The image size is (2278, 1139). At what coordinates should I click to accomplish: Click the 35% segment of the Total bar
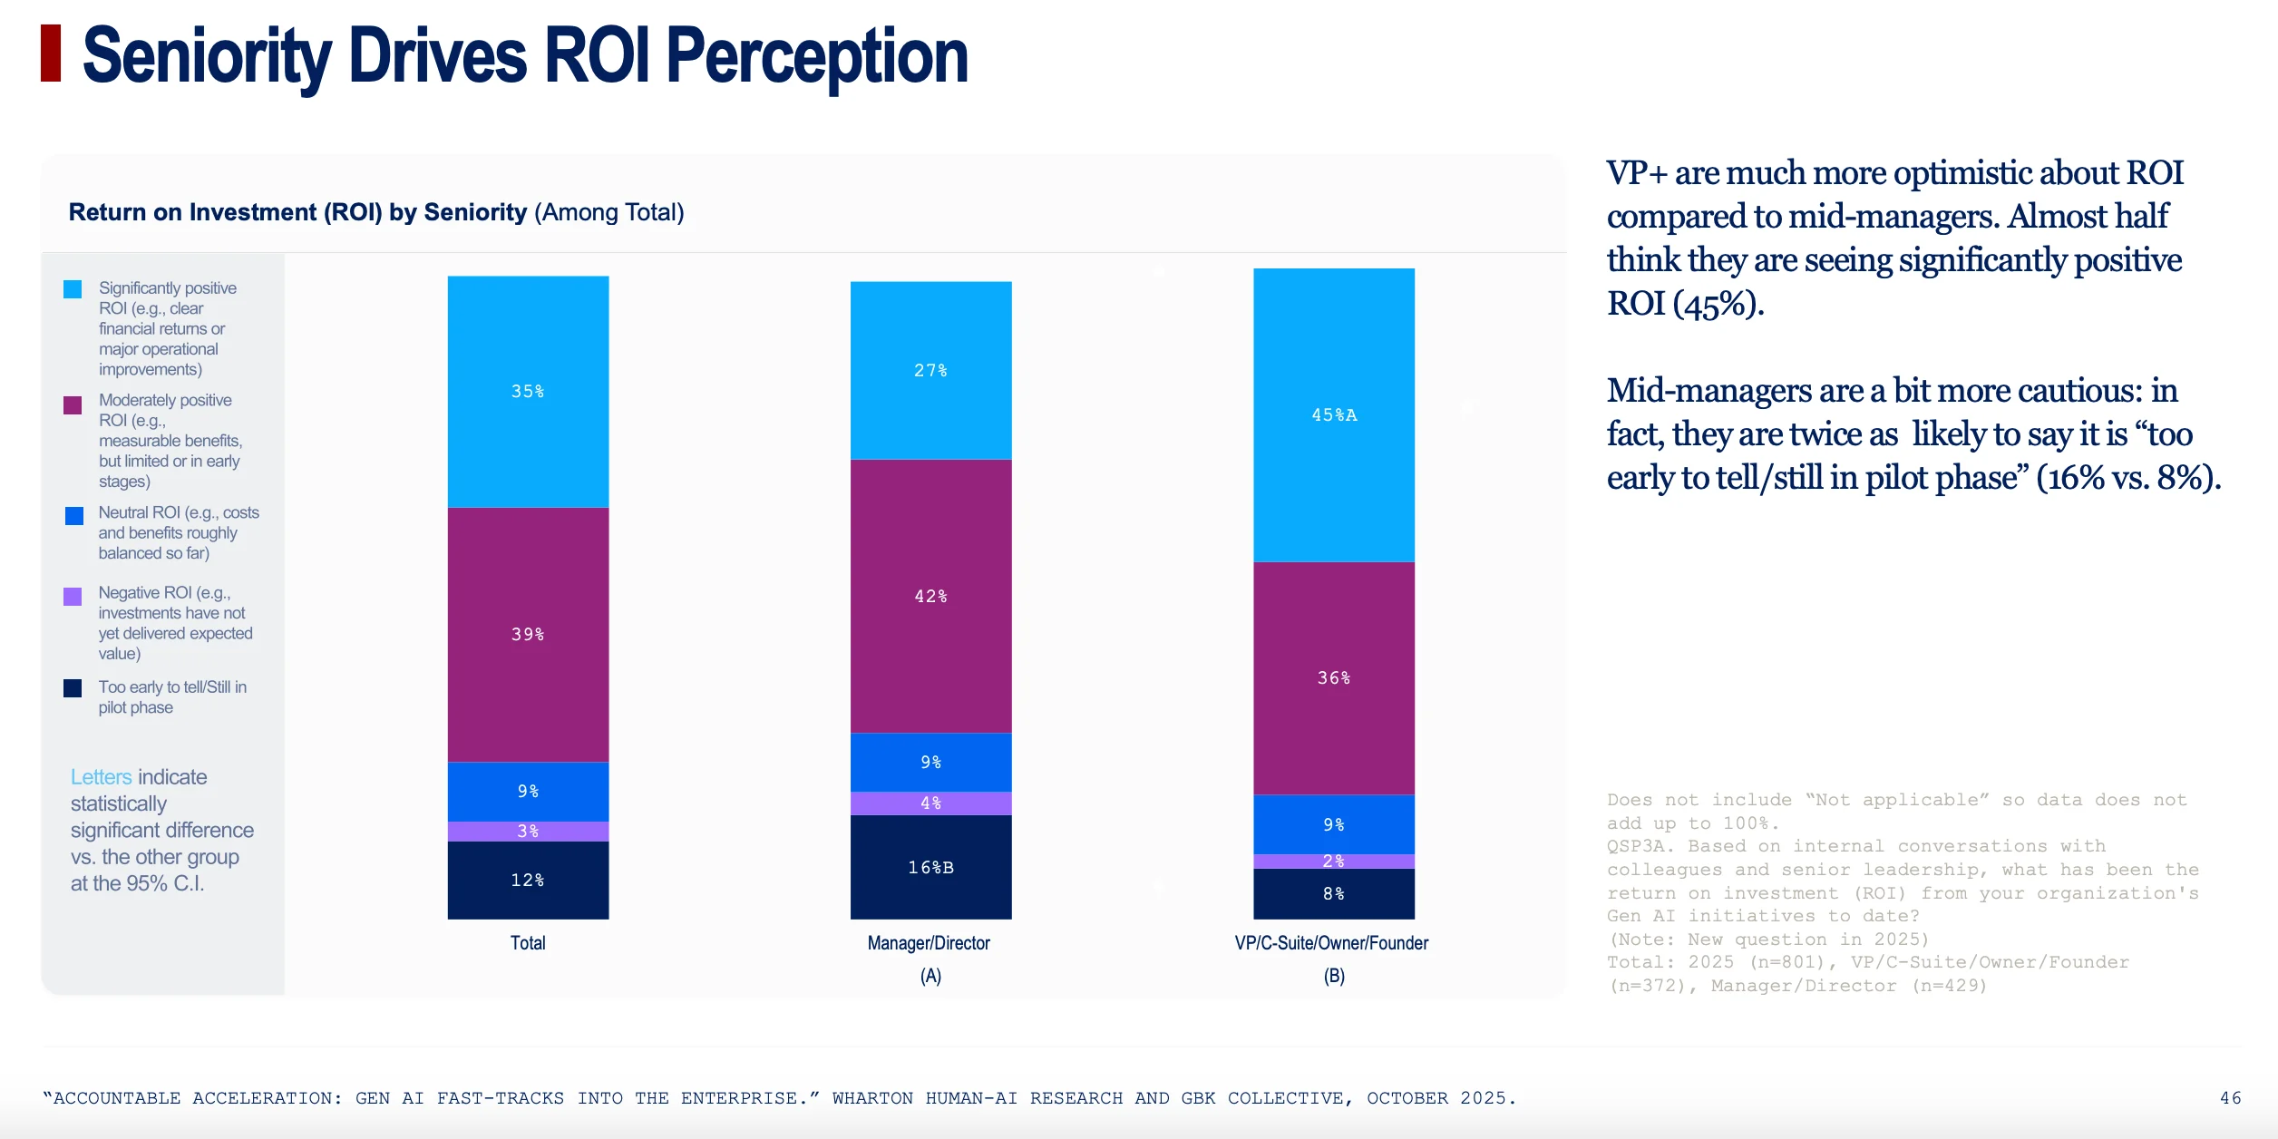click(528, 392)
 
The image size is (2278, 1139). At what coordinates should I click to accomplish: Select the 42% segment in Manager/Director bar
click(930, 596)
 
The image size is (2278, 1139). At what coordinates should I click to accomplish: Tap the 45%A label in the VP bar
click(1334, 415)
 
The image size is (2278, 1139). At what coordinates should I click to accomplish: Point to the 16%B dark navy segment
click(930, 867)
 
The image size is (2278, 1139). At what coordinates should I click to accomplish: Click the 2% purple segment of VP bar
click(1334, 862)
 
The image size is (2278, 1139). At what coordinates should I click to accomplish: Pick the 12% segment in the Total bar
click(528, 880)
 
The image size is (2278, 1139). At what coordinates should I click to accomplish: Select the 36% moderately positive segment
click(1334, 678)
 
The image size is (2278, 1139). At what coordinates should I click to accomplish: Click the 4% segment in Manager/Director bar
click(930, 803)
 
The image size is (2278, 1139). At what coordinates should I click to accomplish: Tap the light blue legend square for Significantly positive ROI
click(73, 289)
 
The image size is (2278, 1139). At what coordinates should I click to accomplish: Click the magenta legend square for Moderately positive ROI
click(73, 404)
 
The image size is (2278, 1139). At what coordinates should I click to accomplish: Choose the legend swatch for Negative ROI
click(73, 596)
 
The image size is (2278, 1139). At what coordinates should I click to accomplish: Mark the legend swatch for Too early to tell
click(73, 688)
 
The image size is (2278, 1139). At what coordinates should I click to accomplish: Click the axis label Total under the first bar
click(528, 943)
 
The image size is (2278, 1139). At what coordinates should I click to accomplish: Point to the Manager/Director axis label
click(929, 943)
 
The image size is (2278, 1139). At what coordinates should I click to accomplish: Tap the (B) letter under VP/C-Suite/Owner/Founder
click(1334, 976)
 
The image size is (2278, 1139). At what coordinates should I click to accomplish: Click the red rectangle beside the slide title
click(51, 54)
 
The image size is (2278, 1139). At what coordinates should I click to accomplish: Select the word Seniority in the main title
click(208, 57)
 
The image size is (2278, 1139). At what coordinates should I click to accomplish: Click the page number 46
click(2230, 1098)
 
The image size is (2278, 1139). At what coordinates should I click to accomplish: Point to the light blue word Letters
click(102, 777)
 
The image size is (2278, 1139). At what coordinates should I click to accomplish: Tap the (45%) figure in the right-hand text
click(1718, 304)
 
